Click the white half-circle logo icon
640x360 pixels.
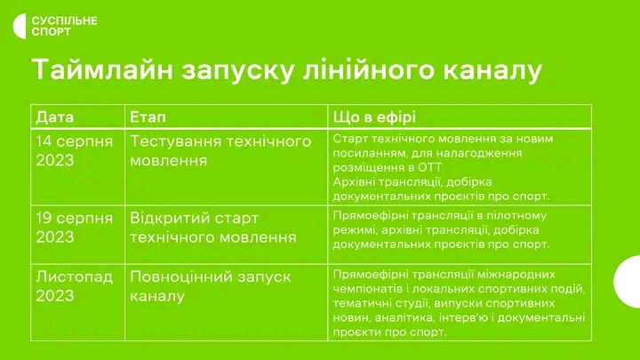point(20,26)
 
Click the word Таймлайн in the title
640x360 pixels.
point(103,70)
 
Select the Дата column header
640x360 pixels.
point(55,117)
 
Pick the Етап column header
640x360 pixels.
point(148,117)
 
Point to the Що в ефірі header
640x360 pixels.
point(374,117)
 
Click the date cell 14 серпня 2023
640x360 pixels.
point(75,150)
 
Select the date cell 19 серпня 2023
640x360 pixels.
point(75,228)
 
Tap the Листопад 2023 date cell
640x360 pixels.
point(75,285)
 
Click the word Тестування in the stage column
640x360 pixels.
point(175,141)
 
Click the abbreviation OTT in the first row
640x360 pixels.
point(429,167)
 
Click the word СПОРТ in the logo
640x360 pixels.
point(51,32)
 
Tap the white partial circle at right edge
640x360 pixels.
point(628,282)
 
